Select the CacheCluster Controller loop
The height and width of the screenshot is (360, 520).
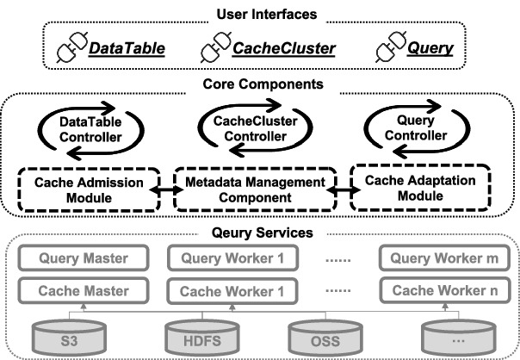[x=261, y=132]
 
